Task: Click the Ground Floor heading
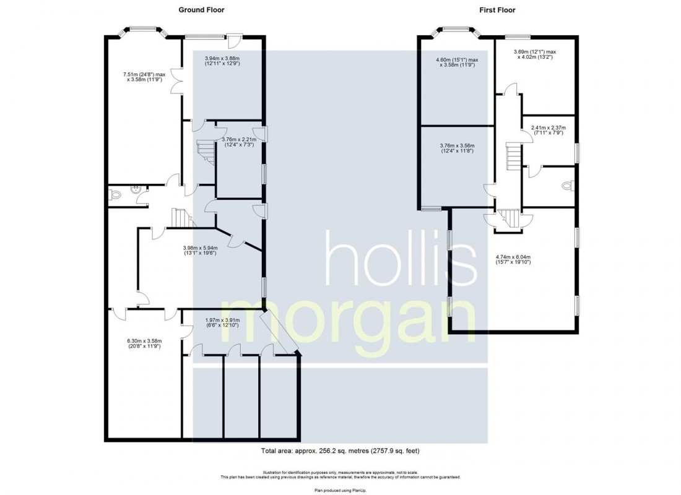click(201, 10)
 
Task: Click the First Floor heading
click(497, 10)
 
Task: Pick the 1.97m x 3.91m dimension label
click(222, 323)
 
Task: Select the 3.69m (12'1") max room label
click(535, 54)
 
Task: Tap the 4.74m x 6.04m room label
click(513, 259)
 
